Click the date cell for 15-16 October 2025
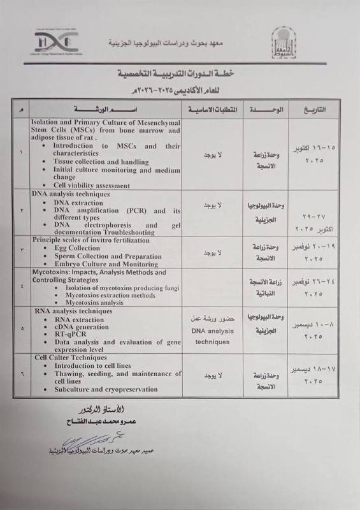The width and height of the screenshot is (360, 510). (312, 154)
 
